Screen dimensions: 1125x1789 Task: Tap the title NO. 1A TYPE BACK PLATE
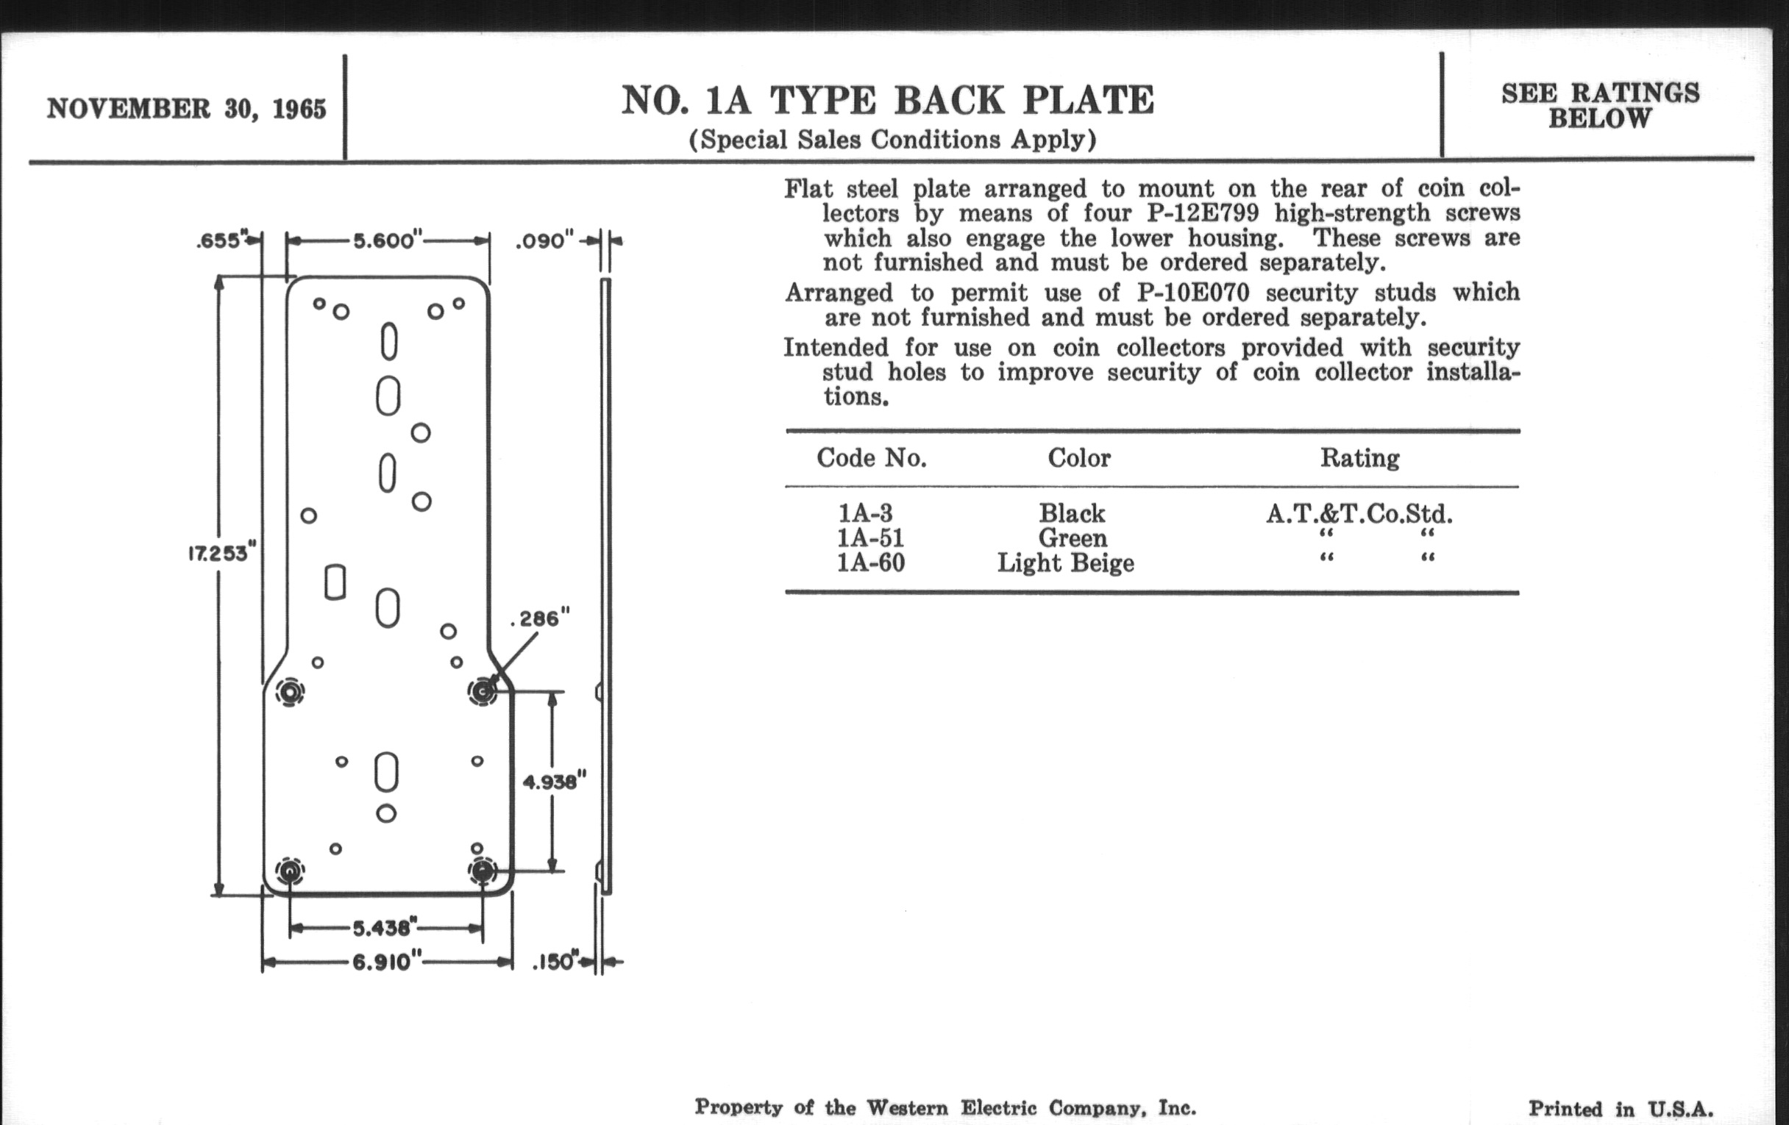tap(888, 101)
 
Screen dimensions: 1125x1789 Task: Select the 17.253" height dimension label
tap(221, 553)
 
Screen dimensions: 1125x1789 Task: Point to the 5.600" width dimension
tap(387, 240)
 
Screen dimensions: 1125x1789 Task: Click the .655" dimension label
tap(220, 240)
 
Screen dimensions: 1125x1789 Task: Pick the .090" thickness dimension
tap(545, 240)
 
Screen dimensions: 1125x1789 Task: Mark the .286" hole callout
tap(541, 618)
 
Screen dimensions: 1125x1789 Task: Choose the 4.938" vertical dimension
tap(554, 781)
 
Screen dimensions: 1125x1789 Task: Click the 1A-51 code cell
tap(869, 537)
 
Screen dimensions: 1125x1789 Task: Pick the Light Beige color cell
tap(1065, 563)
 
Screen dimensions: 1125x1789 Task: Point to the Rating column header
tap(1359, 457)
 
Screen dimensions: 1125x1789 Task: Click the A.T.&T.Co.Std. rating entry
tap(1359, 513)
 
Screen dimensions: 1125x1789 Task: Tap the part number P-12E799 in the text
tap(1202, 213)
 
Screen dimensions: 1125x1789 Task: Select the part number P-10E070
tap(1192, 293)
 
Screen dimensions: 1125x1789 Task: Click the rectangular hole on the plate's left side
tap(335, 582)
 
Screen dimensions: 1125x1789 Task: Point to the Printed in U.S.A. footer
tap(1621, 1110)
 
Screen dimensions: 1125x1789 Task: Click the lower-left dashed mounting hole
tap(290, 871)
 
